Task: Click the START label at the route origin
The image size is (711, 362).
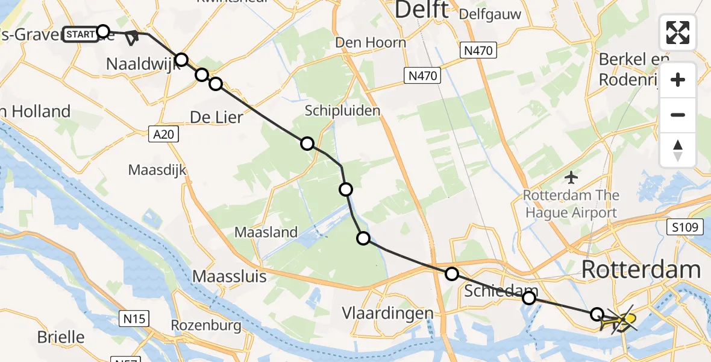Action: tap(81, 34)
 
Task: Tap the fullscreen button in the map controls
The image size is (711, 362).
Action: tap(678, 33)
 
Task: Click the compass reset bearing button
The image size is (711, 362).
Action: tap(678, 150)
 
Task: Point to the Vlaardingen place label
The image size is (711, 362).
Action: tap(387, 313)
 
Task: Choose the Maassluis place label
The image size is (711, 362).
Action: tap(228, 276)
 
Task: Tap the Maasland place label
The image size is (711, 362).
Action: tap(266, 232)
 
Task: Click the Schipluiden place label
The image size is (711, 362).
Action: tap(342, 110)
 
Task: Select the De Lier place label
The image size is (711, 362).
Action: tap(216, 116)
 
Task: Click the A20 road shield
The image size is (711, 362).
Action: tap(163, 134)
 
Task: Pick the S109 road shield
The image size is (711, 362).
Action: tap(685, 227)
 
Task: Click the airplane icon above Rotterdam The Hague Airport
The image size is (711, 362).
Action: tap(571, 178)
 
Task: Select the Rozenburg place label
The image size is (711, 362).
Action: tap(206, 326)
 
